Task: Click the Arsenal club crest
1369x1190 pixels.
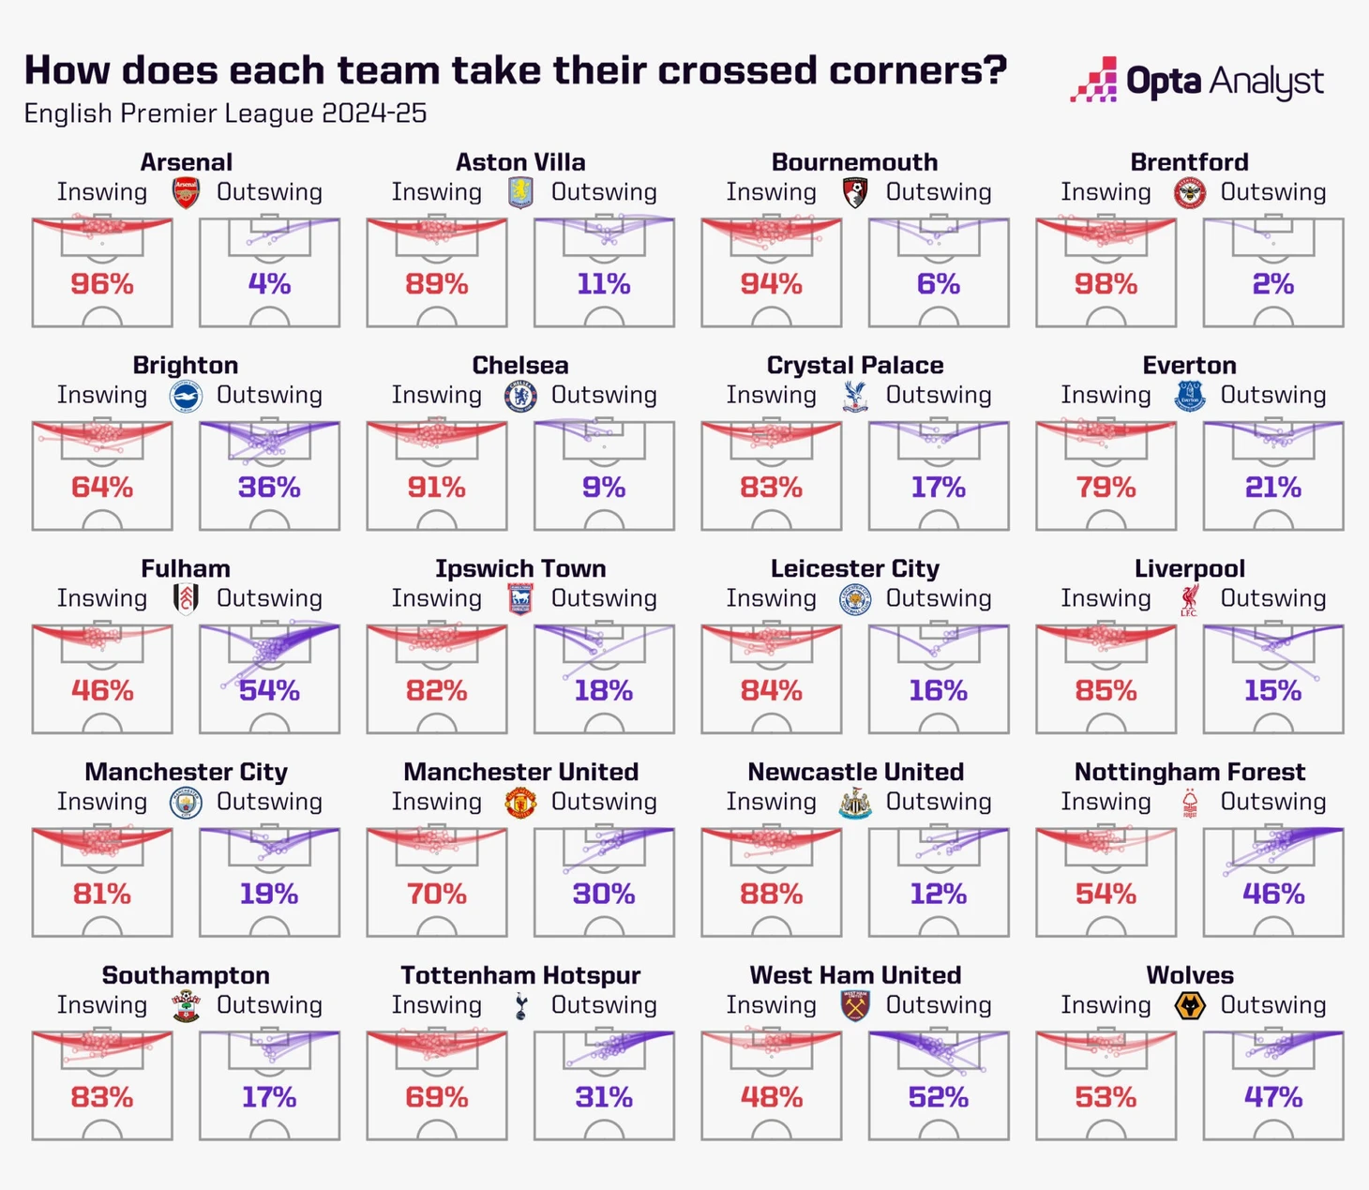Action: [186, 193]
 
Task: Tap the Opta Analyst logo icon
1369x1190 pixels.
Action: [1093, 81]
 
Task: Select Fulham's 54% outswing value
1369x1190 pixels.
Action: [269, 691]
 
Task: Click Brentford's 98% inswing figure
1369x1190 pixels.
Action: [1106, 284]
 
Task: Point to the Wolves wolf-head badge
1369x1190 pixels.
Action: [1190, 1006]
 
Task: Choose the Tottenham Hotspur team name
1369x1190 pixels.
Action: [520, 975]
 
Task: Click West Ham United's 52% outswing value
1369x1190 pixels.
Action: [939, 1097]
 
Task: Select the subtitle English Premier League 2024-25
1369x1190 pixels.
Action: [225, 113]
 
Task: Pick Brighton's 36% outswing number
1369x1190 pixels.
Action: [269, 488]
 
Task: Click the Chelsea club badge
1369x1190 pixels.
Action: [520, 397]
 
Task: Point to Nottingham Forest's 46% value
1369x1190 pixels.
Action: [1273, 894]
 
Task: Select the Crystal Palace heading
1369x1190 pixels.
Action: [855, 365]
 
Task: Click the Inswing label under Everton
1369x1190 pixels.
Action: [1106, 395]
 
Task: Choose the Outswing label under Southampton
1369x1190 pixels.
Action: [269, 1005]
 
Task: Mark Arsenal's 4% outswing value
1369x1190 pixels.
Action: [269, 284]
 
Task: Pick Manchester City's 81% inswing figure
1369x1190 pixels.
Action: [102, 894]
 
